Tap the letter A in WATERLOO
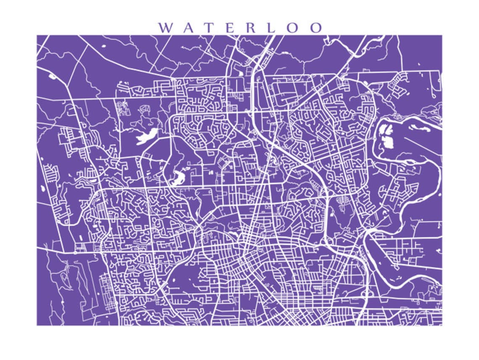pyautogui.click(x=191, y=28)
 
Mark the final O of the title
pyautogui.click(x=316, y=28)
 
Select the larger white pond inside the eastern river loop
pyautogui.click(x=387, y=142)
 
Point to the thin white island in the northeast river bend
pyautogui.click(x=420, y=126)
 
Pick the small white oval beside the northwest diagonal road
pyautogui.click(x=52, y=77)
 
